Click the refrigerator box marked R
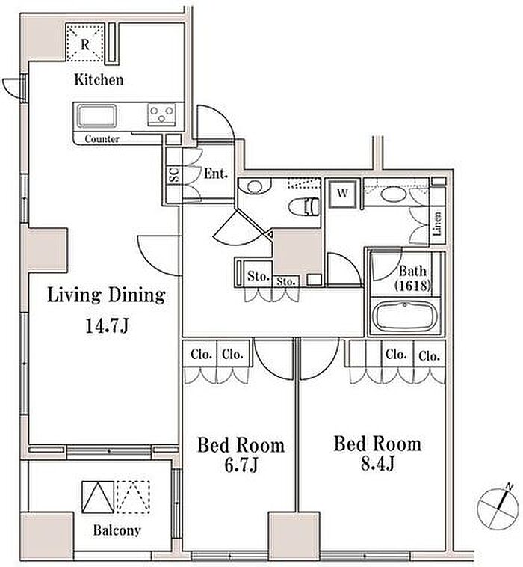85,43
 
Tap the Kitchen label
99,79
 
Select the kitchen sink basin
97,116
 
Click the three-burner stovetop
162,114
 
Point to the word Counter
102,139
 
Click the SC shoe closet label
174,175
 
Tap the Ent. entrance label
216,174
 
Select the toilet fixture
305,207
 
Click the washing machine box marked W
342,193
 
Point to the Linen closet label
437,224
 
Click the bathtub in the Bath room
404,317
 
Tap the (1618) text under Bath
412,286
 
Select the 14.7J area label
107,326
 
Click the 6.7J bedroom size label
241,465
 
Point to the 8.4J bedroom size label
377,463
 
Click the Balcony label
117,530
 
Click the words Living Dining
107,295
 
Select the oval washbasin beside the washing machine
393,196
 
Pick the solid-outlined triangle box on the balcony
98,497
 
